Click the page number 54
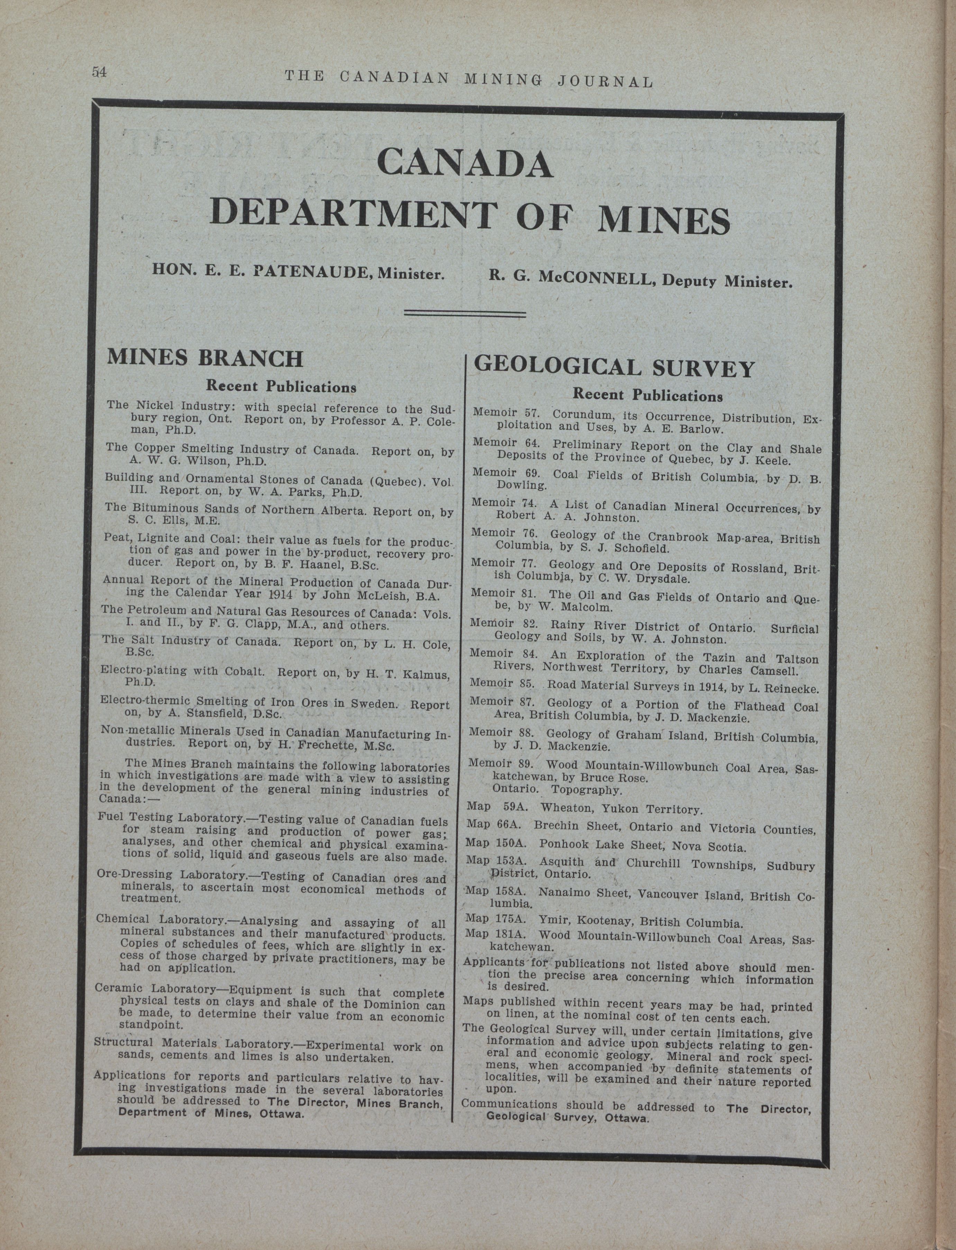pos(100,72)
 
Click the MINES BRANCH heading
pos(205,358)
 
